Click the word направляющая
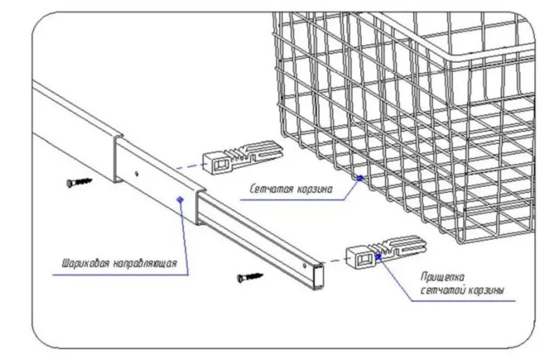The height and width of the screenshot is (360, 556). click(148, 264)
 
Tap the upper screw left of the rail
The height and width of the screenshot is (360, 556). click(81, 182)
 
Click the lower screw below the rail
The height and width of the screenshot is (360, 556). click(250, 277)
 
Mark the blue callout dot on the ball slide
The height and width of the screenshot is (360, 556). click(181, 200)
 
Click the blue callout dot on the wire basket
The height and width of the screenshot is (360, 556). click(359, 178)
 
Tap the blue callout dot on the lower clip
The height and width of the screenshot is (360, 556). click(379, 256)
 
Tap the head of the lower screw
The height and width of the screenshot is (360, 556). click(240, 279)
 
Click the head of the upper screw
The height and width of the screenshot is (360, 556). click(71, 184)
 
